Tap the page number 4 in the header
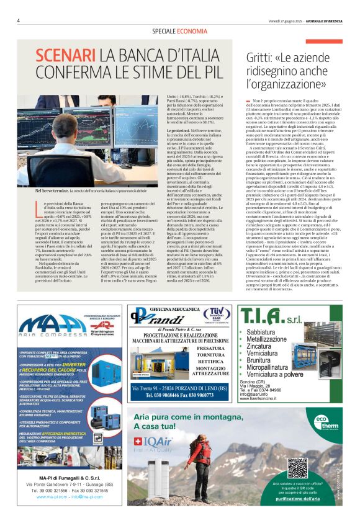pos(19,20)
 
